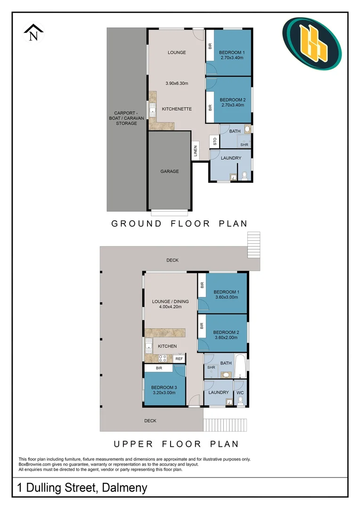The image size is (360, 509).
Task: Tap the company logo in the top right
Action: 311,43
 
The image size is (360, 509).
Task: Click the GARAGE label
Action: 170,172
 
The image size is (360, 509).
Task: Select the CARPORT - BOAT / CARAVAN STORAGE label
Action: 126,118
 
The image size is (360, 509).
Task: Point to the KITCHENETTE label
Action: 177,109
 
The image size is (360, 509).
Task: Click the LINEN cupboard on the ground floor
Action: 195,151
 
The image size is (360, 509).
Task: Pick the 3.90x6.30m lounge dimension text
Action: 177,83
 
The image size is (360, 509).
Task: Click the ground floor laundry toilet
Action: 244,176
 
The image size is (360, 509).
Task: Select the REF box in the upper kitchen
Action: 179,359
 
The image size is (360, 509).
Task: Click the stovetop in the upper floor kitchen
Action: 163,358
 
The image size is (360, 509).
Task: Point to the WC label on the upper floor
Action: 240,393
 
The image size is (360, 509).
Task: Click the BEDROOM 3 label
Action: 164,387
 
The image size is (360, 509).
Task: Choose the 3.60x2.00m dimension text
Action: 226,337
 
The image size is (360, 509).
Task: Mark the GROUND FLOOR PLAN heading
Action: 179,223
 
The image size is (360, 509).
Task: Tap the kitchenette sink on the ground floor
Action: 153,112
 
